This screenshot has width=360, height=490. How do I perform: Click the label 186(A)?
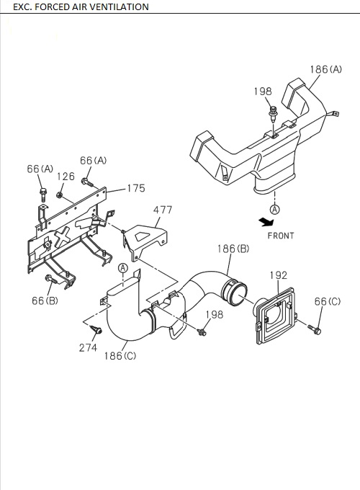point(326,70)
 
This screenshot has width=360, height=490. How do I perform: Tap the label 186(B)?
point(233,249)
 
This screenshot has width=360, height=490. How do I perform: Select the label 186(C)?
point(120,356)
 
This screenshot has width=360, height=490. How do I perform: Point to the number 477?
point(163,210)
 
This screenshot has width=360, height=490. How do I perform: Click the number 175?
point(135,189)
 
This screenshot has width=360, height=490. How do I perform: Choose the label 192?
point(279,275)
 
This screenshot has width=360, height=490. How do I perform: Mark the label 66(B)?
point(45,300)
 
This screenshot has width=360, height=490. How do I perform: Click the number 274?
point(88,347)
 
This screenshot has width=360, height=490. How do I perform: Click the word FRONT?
point(282,235)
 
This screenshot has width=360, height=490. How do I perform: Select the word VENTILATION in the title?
point(115,6)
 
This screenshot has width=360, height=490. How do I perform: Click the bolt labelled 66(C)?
point(314,329)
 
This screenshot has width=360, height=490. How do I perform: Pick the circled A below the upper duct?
point(274,208)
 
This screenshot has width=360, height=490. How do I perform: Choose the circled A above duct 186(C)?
point(123,268)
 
